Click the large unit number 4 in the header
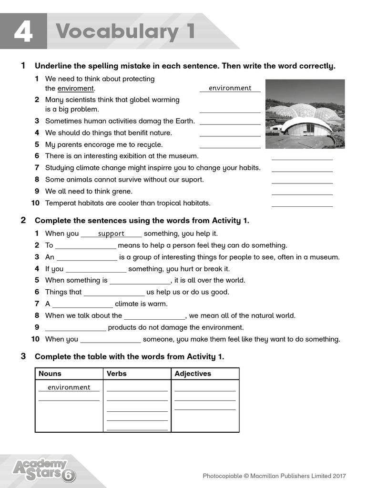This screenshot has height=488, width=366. coord(23,31)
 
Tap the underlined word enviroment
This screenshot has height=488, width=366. coord(75,89)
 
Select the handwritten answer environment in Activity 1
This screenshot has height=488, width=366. coord(230,88)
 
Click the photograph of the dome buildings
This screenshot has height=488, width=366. coord(305,114)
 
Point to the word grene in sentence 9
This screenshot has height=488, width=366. coord(122,191)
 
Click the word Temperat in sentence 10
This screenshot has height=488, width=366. coord(61,203)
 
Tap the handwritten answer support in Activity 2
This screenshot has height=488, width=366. coord(111,234)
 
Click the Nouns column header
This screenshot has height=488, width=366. coord(50,374)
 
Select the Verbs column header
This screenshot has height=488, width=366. coord(117,374)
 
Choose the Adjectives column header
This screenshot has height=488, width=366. coord(193,374)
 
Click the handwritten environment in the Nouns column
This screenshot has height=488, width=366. coord(69,387)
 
